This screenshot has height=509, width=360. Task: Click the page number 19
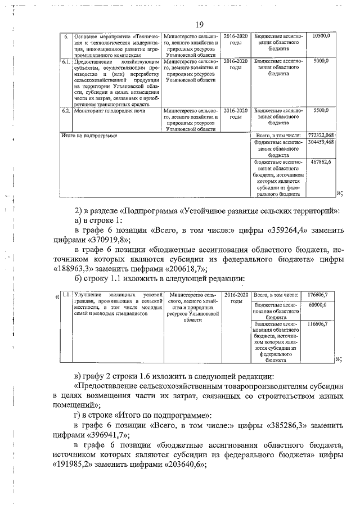[x=199, y=24]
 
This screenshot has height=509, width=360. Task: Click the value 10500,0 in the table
[x=324, y=36]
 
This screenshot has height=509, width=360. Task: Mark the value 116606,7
[x=318, y=324]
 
